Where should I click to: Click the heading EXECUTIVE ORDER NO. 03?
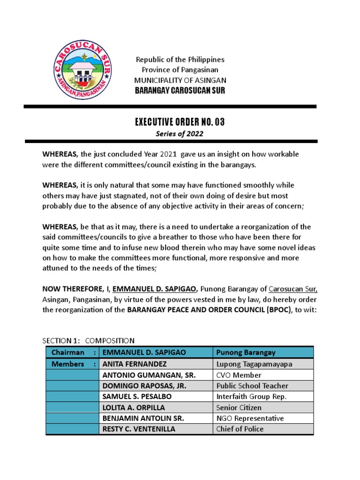coord(180,122)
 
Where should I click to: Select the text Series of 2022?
coord(180,134)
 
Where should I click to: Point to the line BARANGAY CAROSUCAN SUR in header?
coord(180,90)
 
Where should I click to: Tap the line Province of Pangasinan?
coord(180,70)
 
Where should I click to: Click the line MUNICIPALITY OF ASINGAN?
coord(180,80)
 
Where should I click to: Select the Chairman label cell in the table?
coord(72,352)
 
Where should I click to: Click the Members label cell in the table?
coord(72,364)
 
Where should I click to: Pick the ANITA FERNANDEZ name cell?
coord(134,364)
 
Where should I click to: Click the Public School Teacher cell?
coord(252,386)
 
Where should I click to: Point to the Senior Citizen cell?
coord(240,407)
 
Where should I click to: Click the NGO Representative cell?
coord(250,418)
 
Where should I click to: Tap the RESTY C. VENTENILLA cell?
coord(139,429)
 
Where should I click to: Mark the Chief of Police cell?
coord(240,429)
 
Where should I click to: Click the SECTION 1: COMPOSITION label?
coord(89,340)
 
